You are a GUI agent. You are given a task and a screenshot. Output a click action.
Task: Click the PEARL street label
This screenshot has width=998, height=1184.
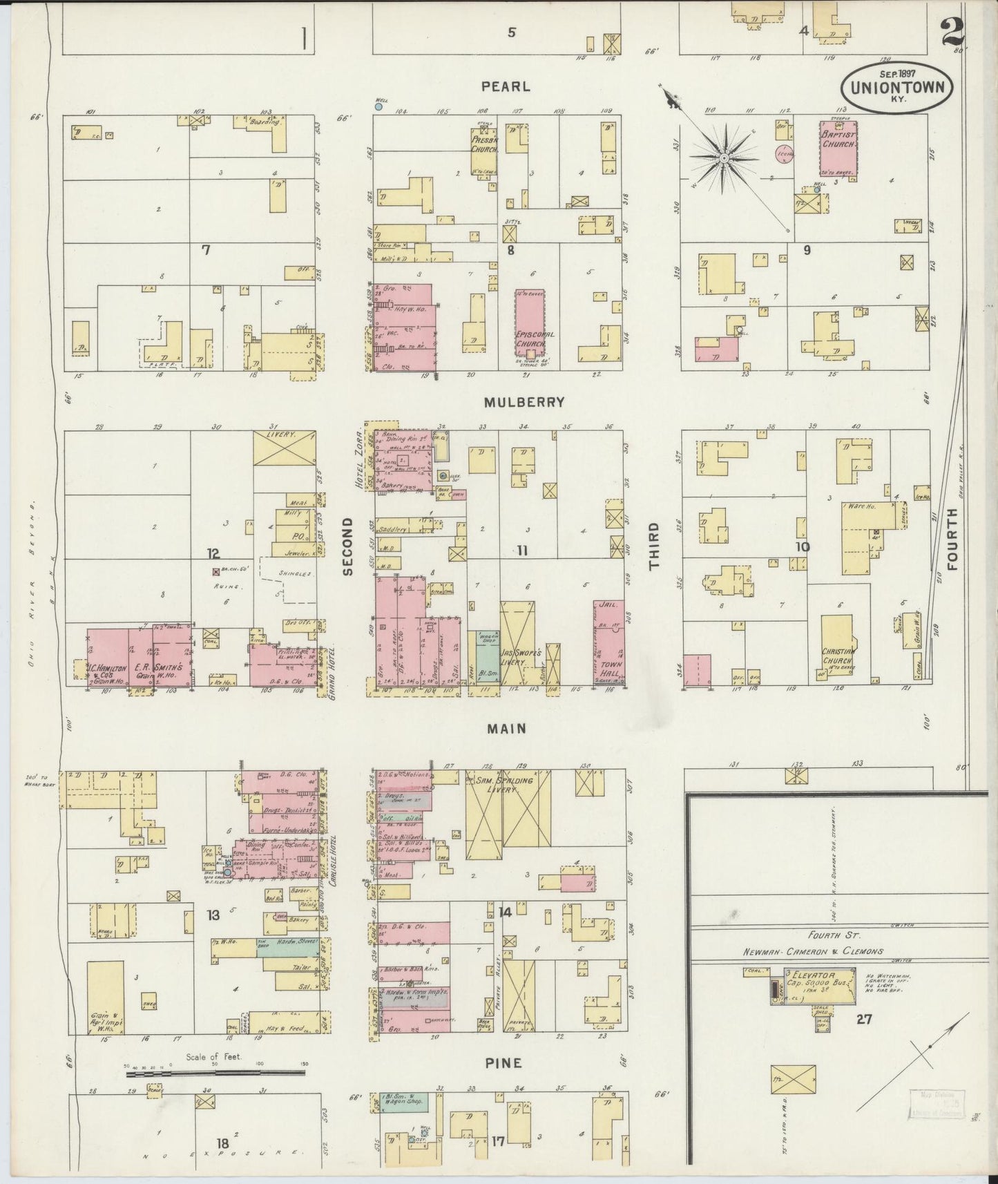pyautogui.click(x=506, y=86)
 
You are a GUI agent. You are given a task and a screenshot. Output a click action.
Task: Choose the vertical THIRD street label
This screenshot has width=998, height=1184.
pyautogui.click(x=653, y=545)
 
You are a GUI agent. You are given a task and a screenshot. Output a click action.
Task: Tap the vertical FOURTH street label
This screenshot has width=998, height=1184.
pyautogui.click(x=953, y=539)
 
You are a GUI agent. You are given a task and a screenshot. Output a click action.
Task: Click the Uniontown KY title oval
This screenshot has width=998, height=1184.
pyautogui.click(x=896, y=88)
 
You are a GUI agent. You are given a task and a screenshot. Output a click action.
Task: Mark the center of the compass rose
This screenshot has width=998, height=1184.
pyautogui.click(x=723, y=158)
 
